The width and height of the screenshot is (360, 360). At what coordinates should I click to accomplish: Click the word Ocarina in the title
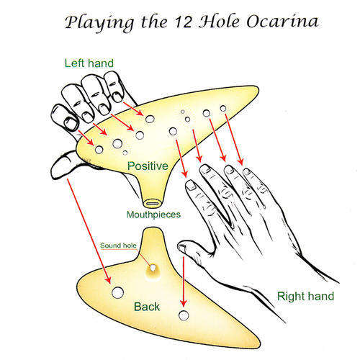tap(283, 22)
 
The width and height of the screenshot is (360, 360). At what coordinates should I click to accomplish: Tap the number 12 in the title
tap(184, 22)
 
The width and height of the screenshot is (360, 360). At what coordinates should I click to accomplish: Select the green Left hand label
tap(89, 63)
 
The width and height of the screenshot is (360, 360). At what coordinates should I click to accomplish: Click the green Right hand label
tap(305, 296)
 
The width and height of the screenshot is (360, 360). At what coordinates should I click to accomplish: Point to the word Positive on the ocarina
tap(148, 166)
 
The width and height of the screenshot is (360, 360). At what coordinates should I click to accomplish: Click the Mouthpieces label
tap(153, 215)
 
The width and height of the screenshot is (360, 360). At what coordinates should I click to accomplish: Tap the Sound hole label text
tap(118, 246)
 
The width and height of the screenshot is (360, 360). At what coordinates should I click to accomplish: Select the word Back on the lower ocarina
tap(147, 307)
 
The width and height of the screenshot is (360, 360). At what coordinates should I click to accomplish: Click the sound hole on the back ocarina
tap(153, 268)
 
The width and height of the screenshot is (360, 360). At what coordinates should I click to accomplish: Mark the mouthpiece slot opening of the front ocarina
tap(153, 204)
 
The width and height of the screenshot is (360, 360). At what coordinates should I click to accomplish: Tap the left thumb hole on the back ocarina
tap(117, 292)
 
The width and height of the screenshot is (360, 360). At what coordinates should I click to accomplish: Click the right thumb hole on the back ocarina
tap(184, 315)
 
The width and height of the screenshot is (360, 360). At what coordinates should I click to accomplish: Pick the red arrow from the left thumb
tap(89, 231)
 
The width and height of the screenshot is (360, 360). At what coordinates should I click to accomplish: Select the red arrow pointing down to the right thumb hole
tap(184, 282)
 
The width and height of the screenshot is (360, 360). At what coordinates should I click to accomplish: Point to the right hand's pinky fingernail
tap(247, 171)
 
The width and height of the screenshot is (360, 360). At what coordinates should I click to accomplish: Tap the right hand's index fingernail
tap(191, 185)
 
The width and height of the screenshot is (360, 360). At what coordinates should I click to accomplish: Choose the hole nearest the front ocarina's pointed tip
tap(223, 109)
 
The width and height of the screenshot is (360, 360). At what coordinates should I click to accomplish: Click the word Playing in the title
tap(99, 23)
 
